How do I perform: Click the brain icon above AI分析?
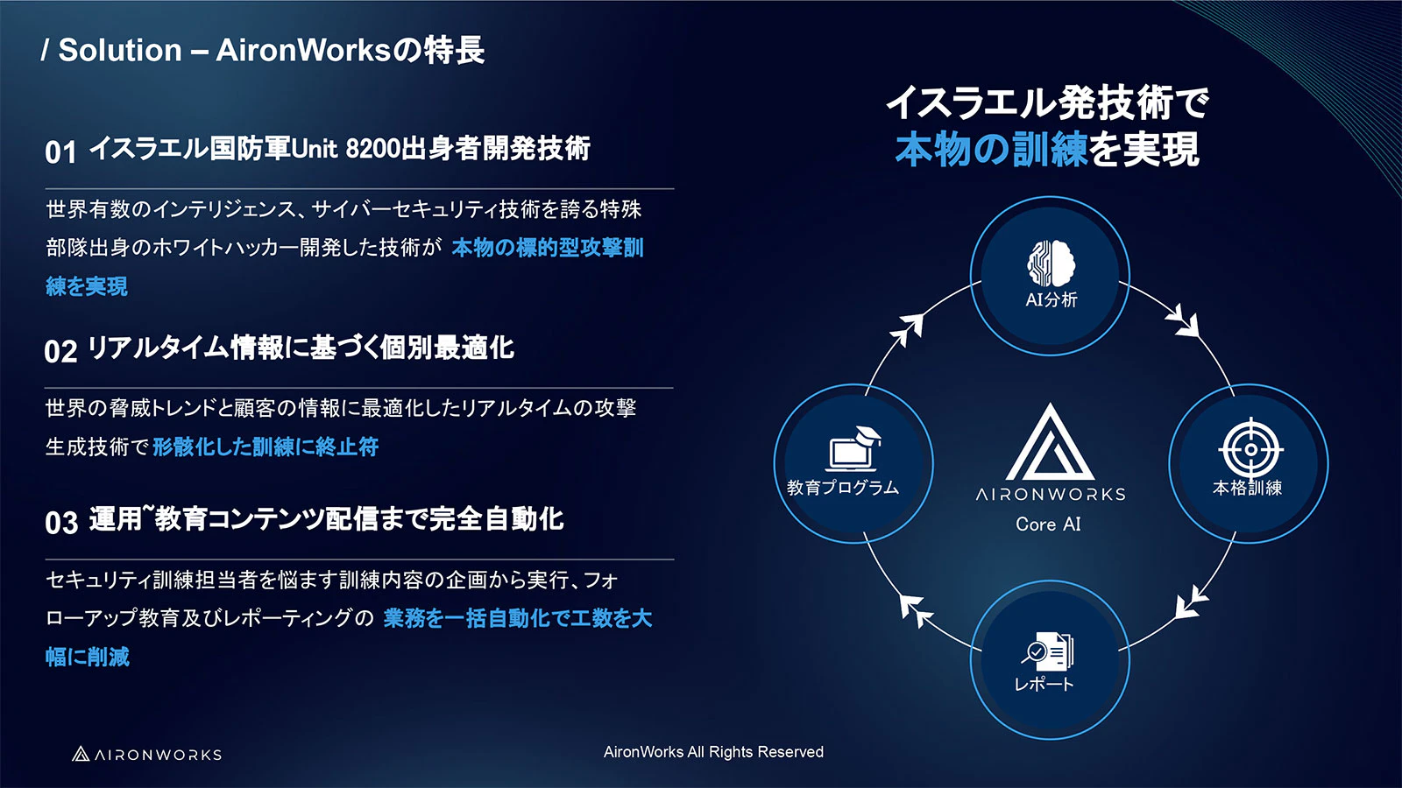tap(1051, 263)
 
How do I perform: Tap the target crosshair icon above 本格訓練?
tap(1250, 449)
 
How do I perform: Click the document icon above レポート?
tap(1049, 651)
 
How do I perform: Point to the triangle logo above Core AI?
tap(1050, 443)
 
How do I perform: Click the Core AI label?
tap(1048, 524)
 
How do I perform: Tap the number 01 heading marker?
tap(60, 151)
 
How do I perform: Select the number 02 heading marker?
tap(60, 351)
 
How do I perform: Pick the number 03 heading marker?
tap(61, 523)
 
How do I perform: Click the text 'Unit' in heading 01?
tap(314, 149)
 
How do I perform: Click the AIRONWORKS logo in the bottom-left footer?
tap(147, 754)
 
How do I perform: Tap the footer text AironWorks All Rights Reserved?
tap(713, 752)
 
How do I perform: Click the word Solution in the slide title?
tap(120, 50)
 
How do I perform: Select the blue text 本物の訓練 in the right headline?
tap(991, 150)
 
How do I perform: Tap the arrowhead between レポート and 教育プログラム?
tap(914, 609)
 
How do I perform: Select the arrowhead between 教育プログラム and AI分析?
tap(908, 328)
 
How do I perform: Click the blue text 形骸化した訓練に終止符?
tap(266, 447)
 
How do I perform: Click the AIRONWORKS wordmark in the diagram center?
tap(1051, 495)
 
